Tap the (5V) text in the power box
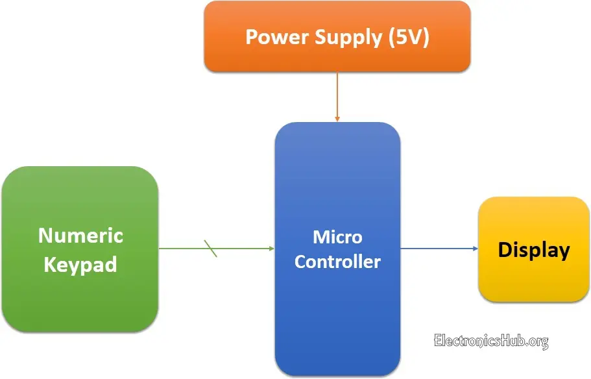[x=408, y=37]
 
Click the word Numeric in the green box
[x=80, y=235]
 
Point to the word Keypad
[x=80, y=265]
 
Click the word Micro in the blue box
[x=337, y=237]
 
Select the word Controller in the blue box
[x=337, y=262]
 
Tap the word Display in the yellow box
[x=534, y=250]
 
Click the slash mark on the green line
[x=211, y=248]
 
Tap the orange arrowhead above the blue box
[x=337, y=118]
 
